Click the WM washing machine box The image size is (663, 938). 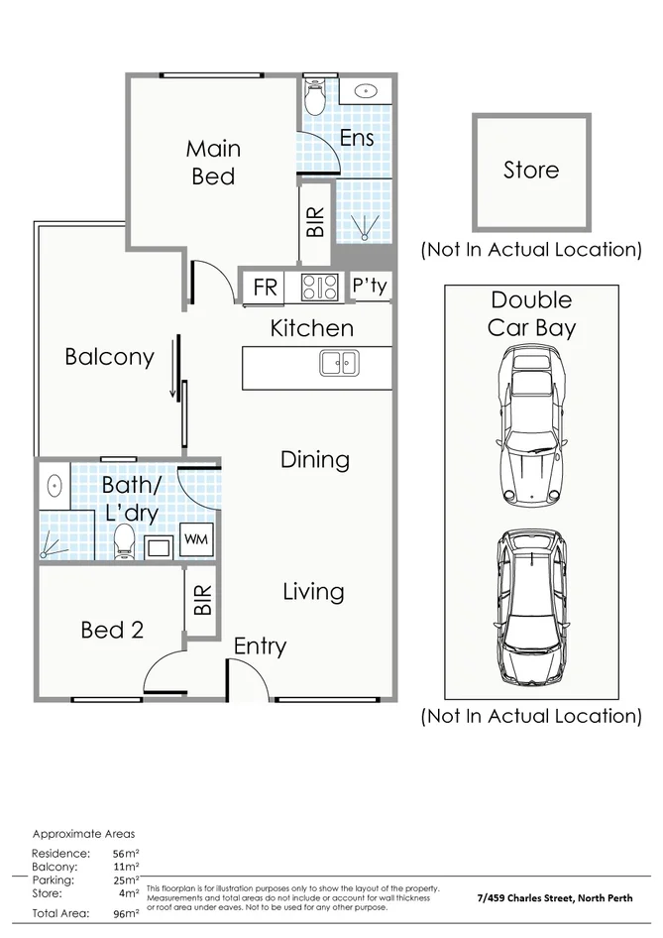(196, 539)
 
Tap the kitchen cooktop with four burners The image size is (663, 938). (320, 287)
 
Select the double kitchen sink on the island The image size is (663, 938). (340, 363)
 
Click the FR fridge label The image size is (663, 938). (265, 288)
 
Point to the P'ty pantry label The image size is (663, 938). (370, 286)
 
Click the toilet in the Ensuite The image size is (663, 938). (313, 98)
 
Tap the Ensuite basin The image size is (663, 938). (364, 91)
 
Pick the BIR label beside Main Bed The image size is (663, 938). (315, 222)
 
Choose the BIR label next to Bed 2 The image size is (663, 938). (203, 600)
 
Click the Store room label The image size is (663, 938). (531, 170)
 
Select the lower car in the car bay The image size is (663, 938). (531, 607)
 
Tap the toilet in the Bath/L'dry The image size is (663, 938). (124, 541)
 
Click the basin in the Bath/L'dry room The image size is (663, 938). (55, 485)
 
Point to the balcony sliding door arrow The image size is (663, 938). (173, 367)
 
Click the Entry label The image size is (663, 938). (260, 646)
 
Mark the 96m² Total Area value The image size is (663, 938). (126, 913)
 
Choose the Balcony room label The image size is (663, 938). (109, 357)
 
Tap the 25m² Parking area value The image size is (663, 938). (126, 879)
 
